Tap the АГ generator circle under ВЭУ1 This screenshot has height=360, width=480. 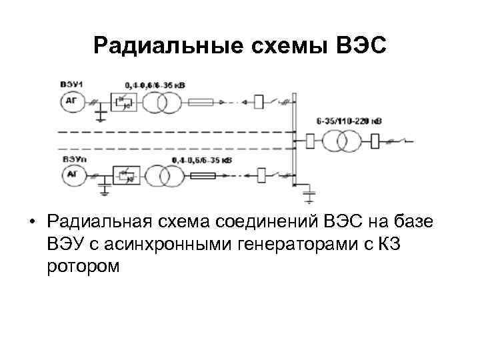[x=71, y=102]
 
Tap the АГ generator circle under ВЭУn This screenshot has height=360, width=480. [x=71, y=176]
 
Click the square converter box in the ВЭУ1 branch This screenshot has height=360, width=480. [x=123, y=102]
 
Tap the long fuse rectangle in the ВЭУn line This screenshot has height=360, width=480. [x=203, y=176]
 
